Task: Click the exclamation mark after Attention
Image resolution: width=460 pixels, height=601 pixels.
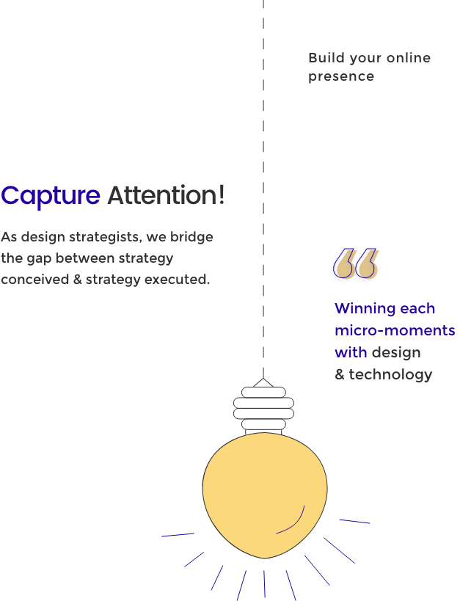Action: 222,194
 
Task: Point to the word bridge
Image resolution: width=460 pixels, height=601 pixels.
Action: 191,237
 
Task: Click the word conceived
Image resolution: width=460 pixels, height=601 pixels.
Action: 35,280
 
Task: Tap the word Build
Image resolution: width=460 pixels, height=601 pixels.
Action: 326,58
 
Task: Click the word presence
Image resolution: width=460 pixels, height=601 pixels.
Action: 341,76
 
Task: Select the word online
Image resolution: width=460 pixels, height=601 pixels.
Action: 409,58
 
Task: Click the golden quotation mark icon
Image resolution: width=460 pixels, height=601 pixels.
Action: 355,263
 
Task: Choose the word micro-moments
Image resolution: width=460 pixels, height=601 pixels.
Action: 395,330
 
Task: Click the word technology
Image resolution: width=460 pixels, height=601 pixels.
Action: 390,374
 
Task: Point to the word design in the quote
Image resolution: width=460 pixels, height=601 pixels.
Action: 396,353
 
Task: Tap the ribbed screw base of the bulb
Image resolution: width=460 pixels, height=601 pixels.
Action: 263,408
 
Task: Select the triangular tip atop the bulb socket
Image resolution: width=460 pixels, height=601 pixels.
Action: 263,382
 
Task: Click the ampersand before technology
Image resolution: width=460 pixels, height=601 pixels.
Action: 340,374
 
